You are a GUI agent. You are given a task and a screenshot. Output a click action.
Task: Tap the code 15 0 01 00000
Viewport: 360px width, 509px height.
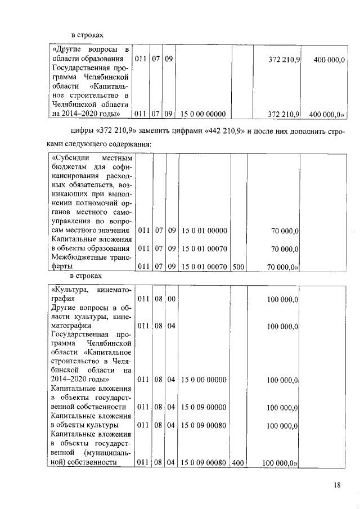pyautogui.click(x=204, y=231)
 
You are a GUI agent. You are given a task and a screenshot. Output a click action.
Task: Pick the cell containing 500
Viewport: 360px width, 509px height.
pyautogui.click(x=238, y=267)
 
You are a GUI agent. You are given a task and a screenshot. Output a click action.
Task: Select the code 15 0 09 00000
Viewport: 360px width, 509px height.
pyautogui.click(x=204, y=407)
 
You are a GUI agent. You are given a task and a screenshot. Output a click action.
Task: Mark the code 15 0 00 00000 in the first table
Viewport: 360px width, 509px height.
pyautogui.click(x=204, y=114)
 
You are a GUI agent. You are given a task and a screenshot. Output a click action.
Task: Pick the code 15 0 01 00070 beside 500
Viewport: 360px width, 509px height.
pyautogui.click(x=204, y=267)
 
